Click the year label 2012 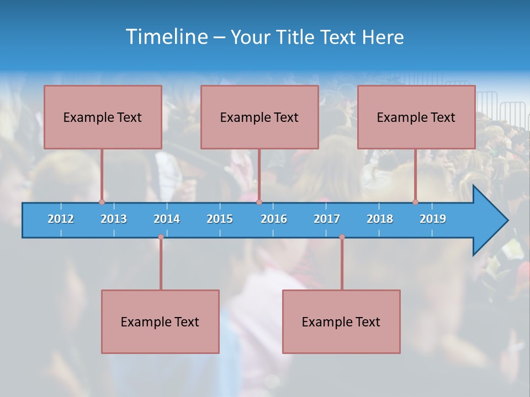click(x=61, y=219)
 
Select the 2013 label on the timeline click(x=114, y=219)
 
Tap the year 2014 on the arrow click(x=167, y=219)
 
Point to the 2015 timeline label click(x=220, y=219)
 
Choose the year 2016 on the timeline click(x=274, y=219)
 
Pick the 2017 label click(x=327, y=219)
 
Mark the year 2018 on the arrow click(x=380, y=219)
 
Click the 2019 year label click(x=433, y=219)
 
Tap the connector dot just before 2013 click(x=102, y=202)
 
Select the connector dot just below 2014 click(x=161, y=237)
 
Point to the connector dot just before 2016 click(x=259, y=202)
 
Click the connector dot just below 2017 click(x=342, y=237)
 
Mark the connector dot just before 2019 click(x=415, y=202)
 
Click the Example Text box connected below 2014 click(x=160, y=321)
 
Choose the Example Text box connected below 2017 click(x=341, y=321)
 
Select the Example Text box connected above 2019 click(x=416, y=117)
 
